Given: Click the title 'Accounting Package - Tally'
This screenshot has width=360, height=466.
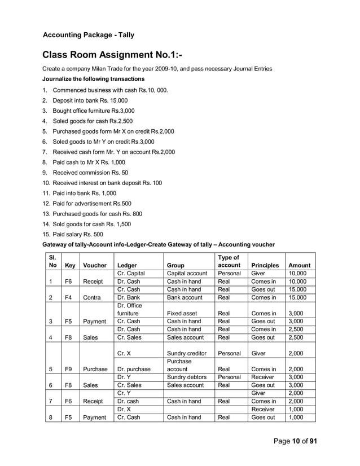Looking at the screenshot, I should point(89,35).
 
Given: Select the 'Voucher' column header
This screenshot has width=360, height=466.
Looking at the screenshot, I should point(94,265).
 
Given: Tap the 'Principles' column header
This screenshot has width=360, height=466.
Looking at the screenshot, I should point(265,265).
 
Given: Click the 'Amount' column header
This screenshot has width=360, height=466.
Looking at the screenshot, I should point(299,265).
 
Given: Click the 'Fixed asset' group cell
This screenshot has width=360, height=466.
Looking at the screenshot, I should point(182,313).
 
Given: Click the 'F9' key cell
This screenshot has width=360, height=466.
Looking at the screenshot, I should point(67,369).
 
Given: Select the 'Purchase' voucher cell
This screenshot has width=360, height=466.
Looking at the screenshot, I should point(96,369).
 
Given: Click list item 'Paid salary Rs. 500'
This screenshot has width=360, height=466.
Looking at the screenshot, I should point(77,234).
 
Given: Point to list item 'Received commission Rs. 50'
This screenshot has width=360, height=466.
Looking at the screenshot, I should point(90,173).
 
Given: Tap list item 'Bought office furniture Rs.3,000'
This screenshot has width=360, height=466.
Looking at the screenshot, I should point(94,111).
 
